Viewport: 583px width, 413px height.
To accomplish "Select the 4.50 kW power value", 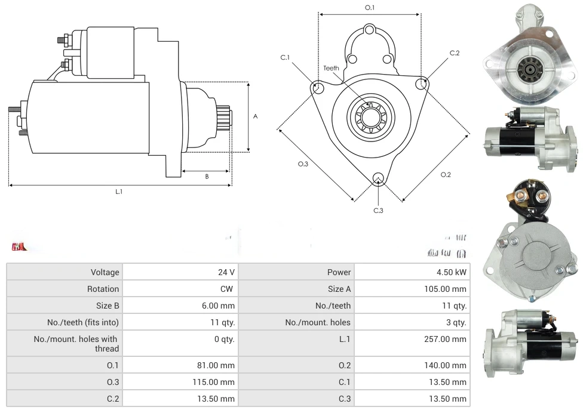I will (452, 272).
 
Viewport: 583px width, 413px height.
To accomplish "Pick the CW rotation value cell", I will (228, 289).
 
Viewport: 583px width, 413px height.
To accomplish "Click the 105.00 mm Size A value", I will (444, 289).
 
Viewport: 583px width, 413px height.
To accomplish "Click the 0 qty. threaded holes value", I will (225, 339).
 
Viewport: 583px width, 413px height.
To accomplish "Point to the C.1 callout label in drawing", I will (285, 58).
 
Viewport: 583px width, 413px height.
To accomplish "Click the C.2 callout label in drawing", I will (455, 53).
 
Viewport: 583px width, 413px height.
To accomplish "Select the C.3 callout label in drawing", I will (378, 210).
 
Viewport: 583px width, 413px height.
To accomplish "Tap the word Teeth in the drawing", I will (331, 68).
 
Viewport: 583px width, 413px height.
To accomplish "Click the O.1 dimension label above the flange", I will (369, 7).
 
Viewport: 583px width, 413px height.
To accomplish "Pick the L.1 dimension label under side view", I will (119, 192).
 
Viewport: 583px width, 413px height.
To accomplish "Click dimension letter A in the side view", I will (255, 116).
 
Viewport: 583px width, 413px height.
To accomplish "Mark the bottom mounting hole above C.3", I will (378, 178).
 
